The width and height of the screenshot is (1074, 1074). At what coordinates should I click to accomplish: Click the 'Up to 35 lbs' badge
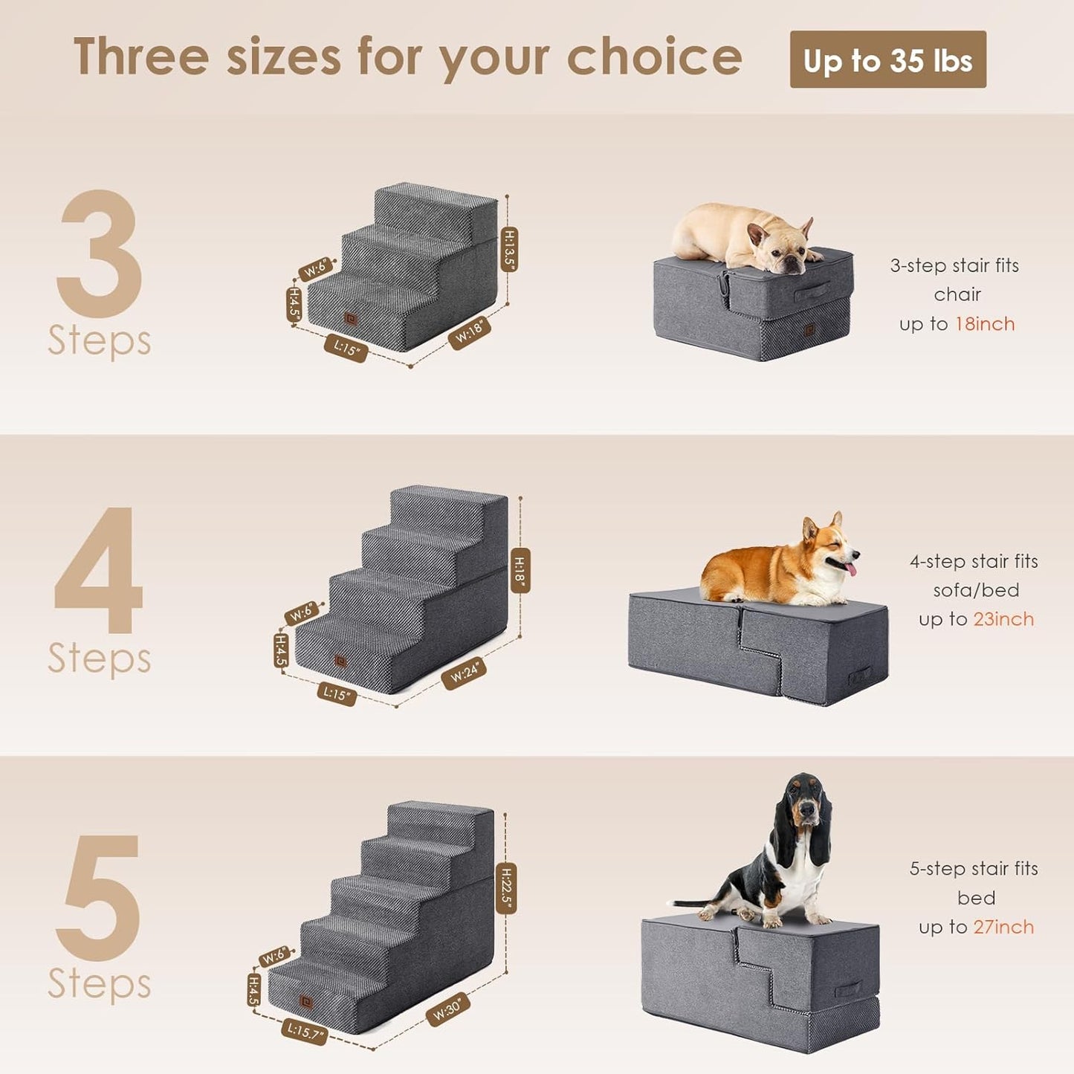click(887, 60)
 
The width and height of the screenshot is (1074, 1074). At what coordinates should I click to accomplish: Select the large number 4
click(99, 570)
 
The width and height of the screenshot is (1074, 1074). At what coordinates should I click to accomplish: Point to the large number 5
click(100, 897)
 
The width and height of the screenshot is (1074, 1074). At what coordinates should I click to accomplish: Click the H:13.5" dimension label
click(509, 249)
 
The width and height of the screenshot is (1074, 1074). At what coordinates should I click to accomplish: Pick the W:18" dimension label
click(469, 332)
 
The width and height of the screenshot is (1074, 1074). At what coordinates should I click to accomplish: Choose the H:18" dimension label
click(520, 571)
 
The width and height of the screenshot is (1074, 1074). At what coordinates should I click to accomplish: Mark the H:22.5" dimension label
click(506, 888)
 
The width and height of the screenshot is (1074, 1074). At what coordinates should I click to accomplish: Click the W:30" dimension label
click(447, 1009)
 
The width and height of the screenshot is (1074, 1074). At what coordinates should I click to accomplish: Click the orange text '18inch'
click(985, 324)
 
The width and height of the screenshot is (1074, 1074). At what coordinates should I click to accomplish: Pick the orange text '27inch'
click(1003, 927)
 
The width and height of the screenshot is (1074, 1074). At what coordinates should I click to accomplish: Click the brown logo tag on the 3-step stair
click(349, 318)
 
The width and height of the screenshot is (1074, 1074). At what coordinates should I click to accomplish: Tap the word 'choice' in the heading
click(654, 57)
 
